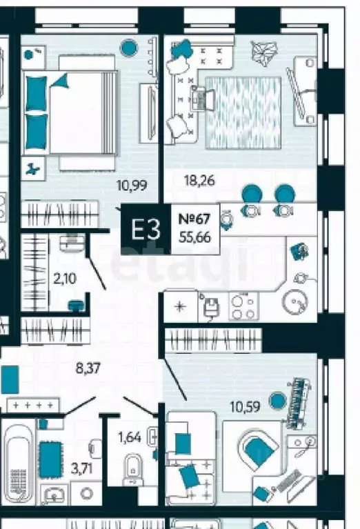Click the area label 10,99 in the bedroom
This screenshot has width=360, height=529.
tap(132, 186)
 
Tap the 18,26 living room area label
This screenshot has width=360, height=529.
tap(199, 181)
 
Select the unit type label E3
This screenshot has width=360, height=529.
tap(146, 230)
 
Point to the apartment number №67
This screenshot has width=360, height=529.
tap(194, 219)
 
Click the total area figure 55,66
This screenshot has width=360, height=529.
tap(195, 237)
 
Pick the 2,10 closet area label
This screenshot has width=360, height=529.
tap(65, 279)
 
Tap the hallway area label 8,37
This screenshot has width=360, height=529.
tap(88, 368)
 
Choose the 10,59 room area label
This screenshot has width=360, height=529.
tap(245, 406)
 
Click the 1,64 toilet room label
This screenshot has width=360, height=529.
tap(130, 437)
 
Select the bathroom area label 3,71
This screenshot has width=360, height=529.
tap(82, 468)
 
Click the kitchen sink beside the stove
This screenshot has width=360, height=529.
tap(212, 306)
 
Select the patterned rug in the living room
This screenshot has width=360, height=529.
tap(243, 112)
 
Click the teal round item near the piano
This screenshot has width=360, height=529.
tap(277, 401)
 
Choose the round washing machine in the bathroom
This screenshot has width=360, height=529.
tap(86, 493)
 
